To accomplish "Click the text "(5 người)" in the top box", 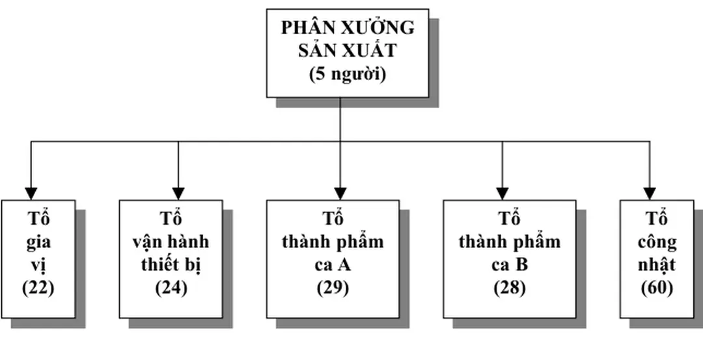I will (347, 74).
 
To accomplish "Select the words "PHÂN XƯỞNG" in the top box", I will (348, 28).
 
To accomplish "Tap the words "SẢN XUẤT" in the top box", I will (348, 51).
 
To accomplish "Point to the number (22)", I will (38, 287).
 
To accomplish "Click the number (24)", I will (171, 287).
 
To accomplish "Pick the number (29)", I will (333, 287).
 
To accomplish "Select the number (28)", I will (510, 287).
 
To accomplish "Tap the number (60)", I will (656, 287).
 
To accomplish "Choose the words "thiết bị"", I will (172, 264).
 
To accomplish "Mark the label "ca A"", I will (333, 264).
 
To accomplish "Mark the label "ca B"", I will (510, 264).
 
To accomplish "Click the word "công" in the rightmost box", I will (657, 243).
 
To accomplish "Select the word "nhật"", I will (657, 265).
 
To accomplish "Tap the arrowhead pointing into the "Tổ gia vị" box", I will (31, 193).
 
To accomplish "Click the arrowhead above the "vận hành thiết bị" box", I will (178, 193).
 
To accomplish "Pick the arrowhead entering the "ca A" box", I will (340, 193).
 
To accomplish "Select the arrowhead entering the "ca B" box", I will (502, 193).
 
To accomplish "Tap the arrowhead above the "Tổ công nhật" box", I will (650, 193).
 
